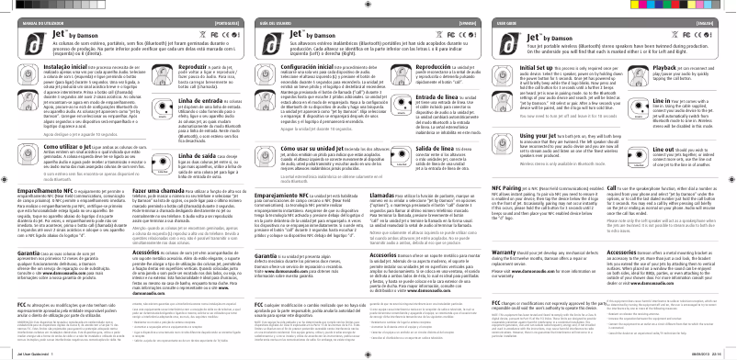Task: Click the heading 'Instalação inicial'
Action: coord(38,69)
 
